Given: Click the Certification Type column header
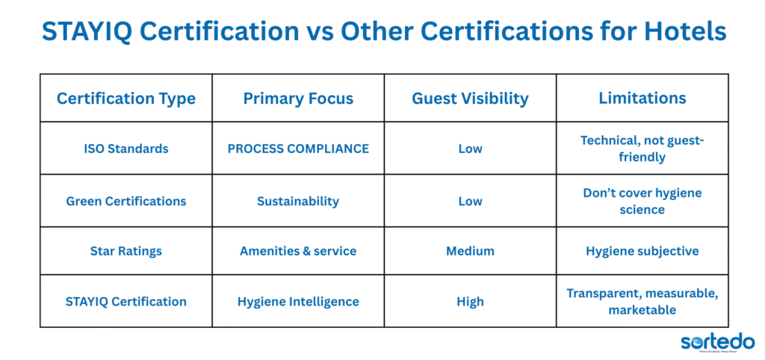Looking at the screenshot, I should coord(126,98).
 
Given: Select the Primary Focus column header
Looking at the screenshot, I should coord(298,98).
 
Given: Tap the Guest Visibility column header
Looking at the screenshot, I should coord(470,98).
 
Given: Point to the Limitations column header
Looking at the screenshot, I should coord(642,98).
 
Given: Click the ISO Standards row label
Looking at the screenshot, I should coord(126,149).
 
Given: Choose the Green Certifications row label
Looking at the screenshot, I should coord(126,201).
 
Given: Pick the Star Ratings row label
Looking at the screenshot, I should coord(126,251).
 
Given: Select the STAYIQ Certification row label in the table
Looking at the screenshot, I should coord(126,302).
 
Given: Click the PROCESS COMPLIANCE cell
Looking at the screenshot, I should coord(298,149).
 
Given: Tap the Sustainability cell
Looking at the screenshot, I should coord(298,201).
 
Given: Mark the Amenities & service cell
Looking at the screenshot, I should coord(298,251).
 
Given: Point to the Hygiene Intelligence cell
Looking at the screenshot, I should coord(298,302).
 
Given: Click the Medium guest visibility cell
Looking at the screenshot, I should coord(470,251).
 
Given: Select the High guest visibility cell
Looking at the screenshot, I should coord(470,302).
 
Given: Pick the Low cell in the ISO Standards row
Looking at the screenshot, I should coord(470,149).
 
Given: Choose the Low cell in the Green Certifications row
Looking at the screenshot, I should coord(470,201).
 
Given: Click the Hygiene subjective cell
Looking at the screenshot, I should coord(642,251).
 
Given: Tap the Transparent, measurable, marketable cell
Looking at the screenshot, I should coord(642,302).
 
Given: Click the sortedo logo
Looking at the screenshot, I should coord(716,342).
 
